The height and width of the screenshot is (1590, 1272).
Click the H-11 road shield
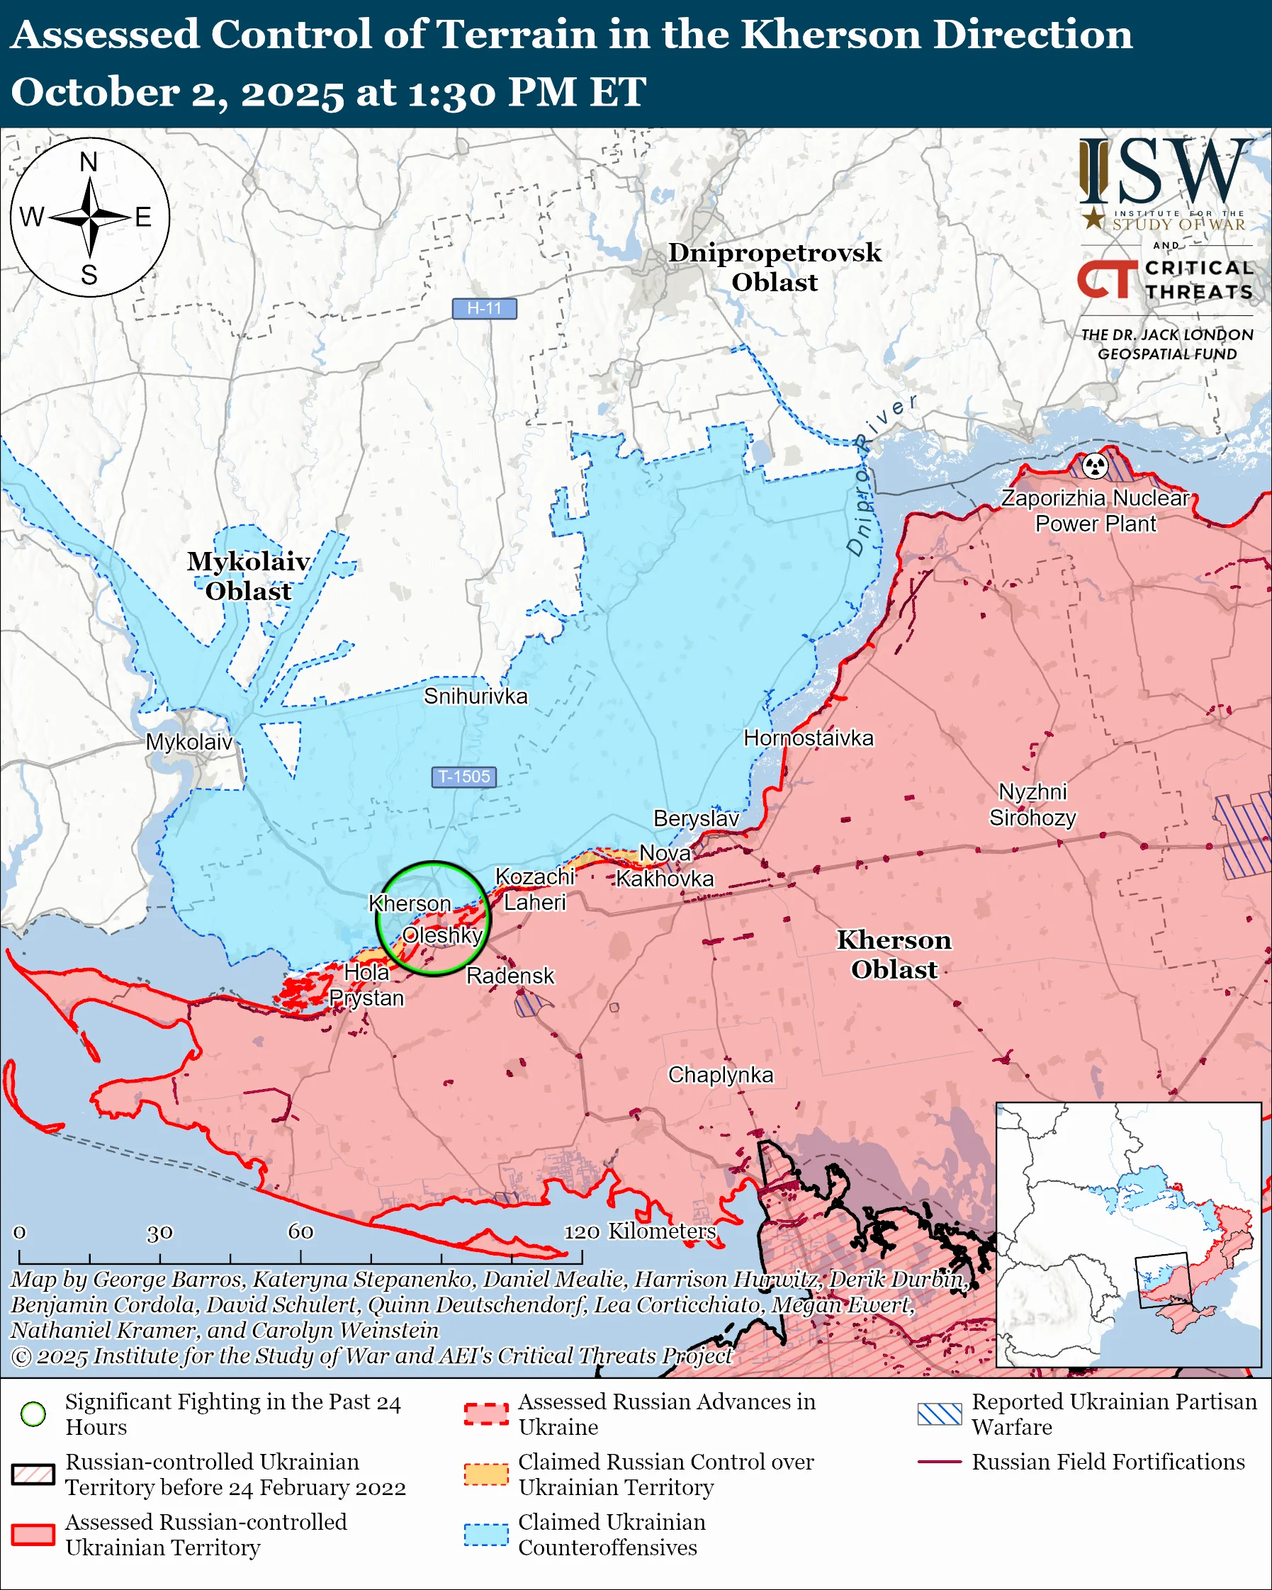(x=484, y=308)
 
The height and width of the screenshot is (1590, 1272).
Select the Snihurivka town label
(x=475, y=697)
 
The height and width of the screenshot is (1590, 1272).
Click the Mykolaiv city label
(x=188, y=742)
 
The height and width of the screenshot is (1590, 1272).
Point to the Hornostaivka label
(x=808, y=738)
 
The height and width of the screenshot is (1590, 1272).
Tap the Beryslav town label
(x=695, y=818)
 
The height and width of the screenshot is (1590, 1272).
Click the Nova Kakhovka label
(x=665, y=866)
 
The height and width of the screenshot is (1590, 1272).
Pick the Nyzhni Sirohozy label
(x=1032, y=805)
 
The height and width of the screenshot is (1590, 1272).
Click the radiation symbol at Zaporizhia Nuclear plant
(x=1095, y=466)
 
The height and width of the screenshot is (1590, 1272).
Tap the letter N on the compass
(x=89, y=162)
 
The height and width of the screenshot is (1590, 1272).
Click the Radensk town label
(x=510, y=976)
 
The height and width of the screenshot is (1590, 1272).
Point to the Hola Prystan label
(x=366, y=986)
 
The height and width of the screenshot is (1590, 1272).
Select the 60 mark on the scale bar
(x=300, y=1231)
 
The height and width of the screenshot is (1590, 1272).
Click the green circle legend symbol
(x=33, y=1414)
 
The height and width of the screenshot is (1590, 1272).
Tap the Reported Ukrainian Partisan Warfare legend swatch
(x=940, y=1414)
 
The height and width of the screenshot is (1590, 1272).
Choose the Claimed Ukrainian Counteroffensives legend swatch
(x=486, y=1535)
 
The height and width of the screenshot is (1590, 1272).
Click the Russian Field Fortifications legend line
(x=940, y=1462)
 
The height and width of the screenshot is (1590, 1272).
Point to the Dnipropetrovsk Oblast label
(x=775, y=267)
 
